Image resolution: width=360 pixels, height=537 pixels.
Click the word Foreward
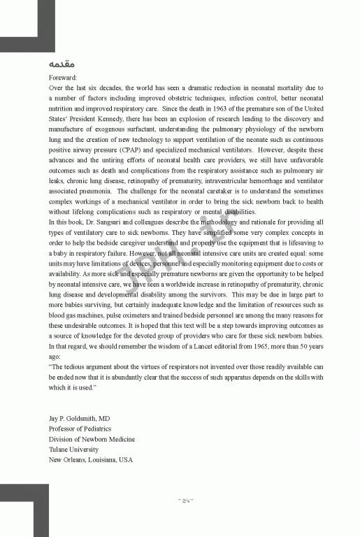[64, 78]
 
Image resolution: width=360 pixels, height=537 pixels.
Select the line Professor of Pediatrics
[80, 429]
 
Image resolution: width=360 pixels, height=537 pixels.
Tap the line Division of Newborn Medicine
[92, 439]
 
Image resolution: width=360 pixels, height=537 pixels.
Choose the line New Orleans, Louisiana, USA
[90, 459]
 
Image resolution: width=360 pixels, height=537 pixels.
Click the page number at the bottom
[185, 501]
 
